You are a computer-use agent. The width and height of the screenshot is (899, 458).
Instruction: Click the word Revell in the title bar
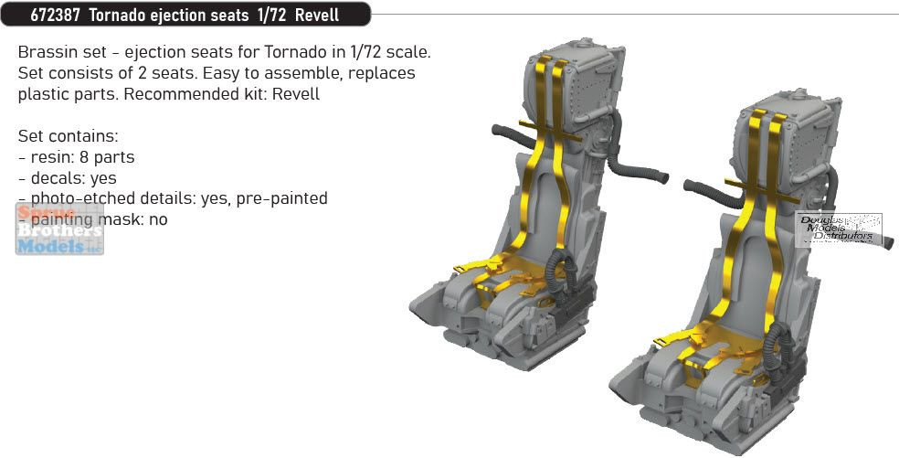(321, 15)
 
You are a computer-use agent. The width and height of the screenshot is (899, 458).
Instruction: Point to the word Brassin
(45, 51)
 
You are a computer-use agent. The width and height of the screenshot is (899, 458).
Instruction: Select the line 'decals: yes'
(67, 178)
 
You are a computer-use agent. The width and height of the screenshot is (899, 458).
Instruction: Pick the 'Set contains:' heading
(68, 136)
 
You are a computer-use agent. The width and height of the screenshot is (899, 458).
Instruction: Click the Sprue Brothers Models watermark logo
(58, 229)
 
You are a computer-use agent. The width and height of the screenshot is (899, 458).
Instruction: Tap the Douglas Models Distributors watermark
(839, 229)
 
